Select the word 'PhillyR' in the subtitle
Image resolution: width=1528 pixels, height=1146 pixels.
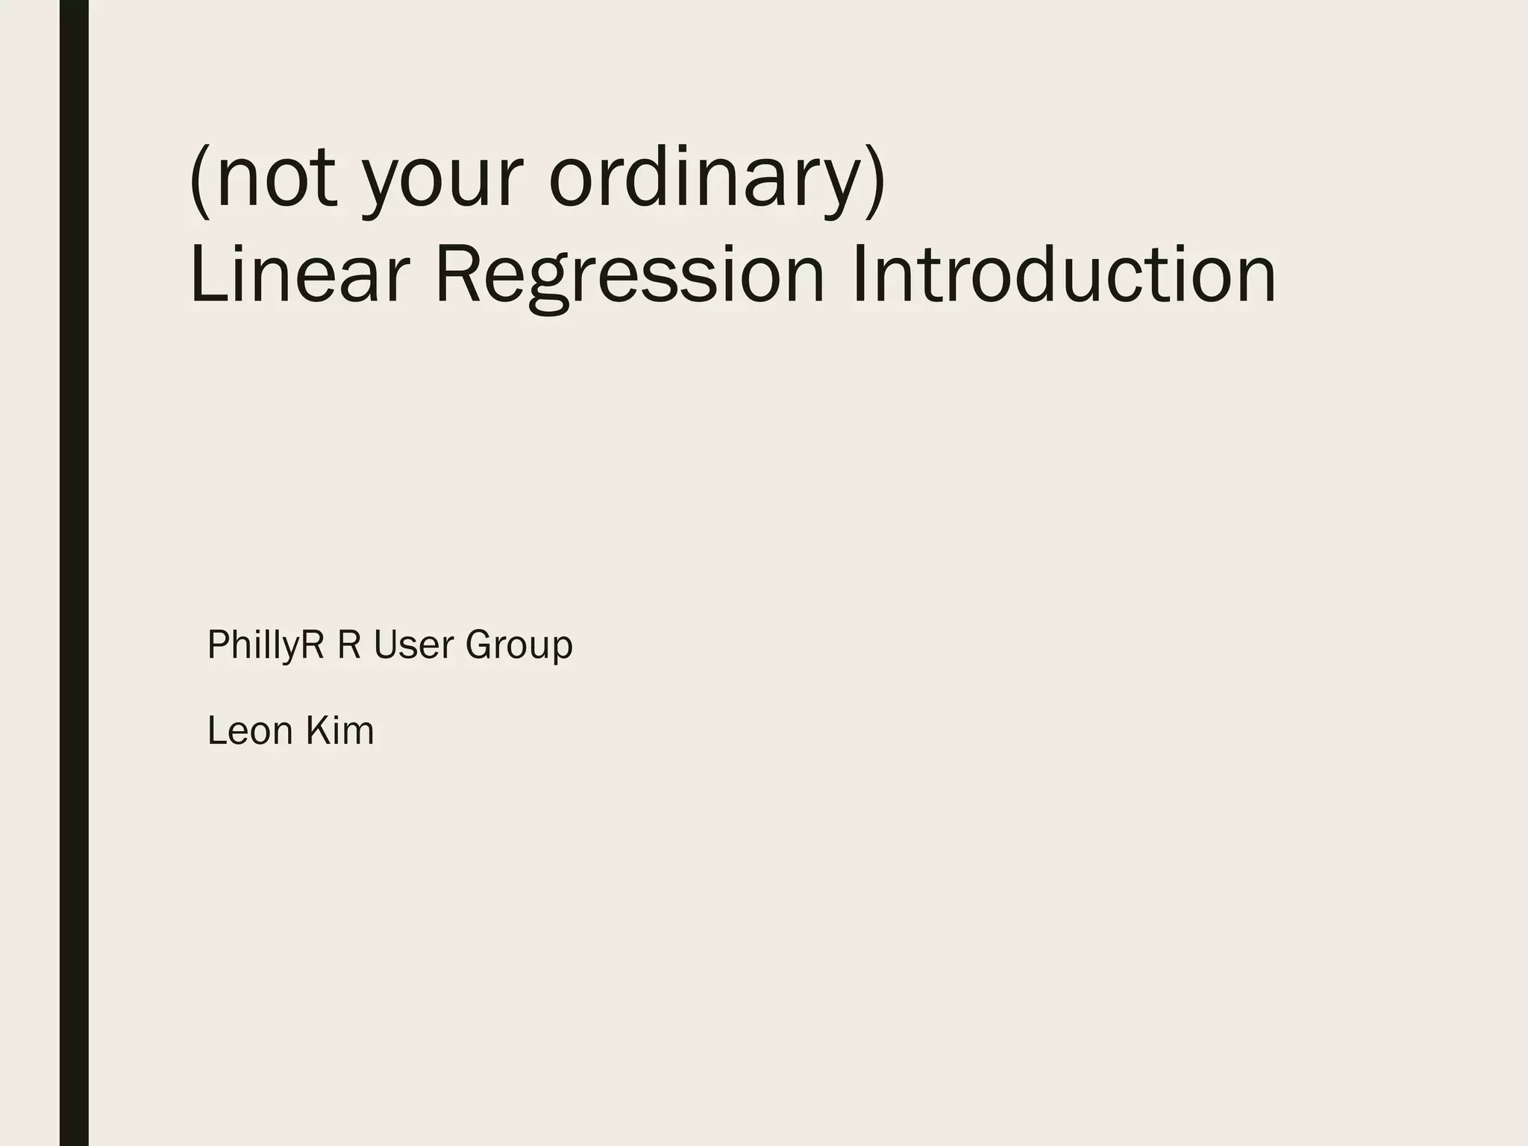click(266, 645)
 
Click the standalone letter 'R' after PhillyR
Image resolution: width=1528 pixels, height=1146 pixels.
click(349, 645)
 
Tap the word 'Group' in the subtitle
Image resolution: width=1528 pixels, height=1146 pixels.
click(519, 646)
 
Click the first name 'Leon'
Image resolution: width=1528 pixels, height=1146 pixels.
click(250, 730)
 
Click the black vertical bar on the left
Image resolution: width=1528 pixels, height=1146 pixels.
click(74, 573)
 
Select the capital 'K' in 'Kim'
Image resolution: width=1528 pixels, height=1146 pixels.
click(316, 730)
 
